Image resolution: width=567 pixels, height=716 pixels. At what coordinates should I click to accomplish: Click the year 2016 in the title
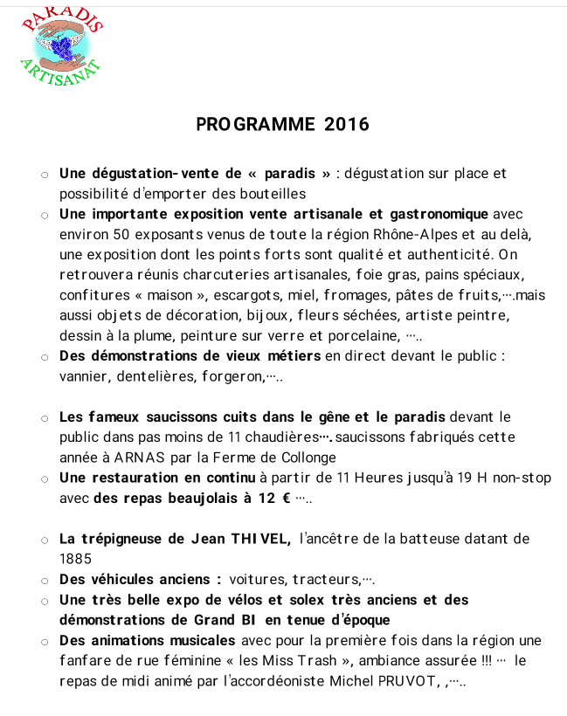point(347,124)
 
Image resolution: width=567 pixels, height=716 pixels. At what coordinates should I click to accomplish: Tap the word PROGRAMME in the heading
point(255,124)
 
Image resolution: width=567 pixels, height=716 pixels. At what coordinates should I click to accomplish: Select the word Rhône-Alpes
point(415,235)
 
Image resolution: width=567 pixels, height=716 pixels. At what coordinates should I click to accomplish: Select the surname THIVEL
point(259,539)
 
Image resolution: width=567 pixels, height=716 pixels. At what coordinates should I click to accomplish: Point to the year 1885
point(74,558)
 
